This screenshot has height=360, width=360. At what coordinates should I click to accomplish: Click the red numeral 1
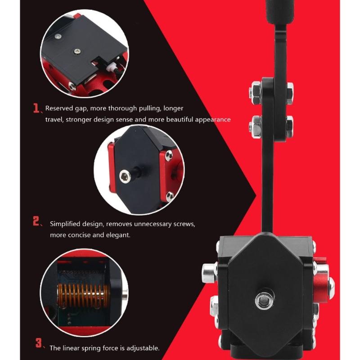36,108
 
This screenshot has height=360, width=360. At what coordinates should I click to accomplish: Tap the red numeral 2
37,221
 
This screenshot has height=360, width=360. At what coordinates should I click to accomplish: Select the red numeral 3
39,342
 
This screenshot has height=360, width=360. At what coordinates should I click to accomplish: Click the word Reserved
59,108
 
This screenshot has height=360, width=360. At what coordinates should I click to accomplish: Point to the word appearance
212,120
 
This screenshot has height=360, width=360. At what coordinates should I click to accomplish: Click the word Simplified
65,224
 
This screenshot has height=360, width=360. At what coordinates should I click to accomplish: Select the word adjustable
140,348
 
